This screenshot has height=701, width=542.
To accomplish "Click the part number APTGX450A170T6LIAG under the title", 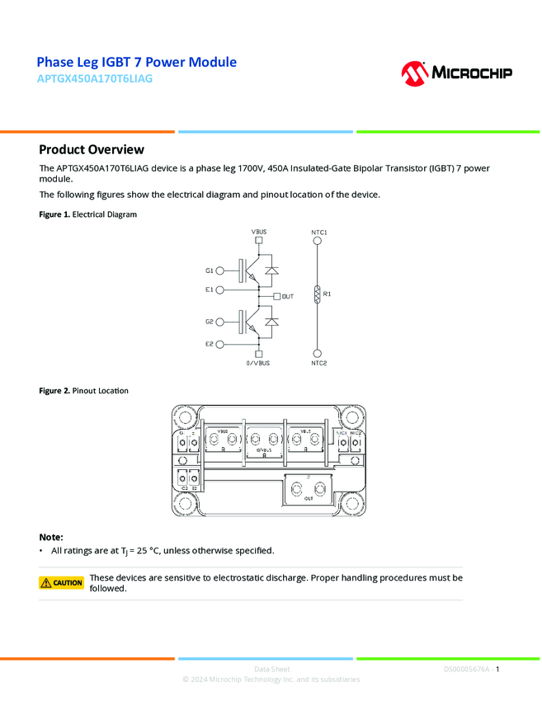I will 95,79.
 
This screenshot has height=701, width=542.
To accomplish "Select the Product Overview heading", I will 92,149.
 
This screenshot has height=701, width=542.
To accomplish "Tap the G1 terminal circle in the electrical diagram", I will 220,271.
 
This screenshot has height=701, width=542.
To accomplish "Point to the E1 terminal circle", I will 220,289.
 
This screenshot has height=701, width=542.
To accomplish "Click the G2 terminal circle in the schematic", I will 220,322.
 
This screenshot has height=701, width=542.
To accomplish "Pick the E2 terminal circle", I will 220,344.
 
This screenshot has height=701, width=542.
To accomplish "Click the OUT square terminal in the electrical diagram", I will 276,296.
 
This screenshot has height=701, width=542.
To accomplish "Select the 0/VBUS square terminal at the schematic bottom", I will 259,354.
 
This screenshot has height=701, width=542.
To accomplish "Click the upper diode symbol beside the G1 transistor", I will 271,270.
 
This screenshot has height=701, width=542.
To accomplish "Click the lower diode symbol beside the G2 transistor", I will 271,322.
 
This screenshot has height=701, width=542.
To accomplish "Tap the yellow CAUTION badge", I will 62,583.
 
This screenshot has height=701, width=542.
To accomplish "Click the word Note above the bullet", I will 50,537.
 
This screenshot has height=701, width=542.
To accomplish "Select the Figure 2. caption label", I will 54,390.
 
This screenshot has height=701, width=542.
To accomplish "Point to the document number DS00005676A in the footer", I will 466,669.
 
